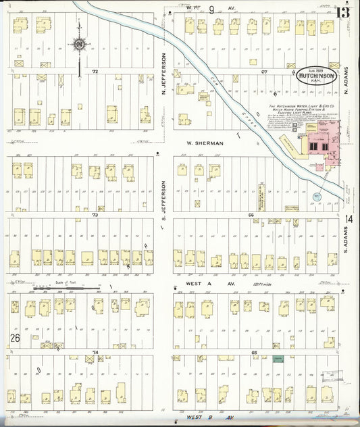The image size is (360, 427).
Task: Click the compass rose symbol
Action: tap(80, 45)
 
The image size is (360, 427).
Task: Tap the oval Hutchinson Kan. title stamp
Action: tap(316, 77)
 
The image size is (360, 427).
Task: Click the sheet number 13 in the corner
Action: tap(343, 11)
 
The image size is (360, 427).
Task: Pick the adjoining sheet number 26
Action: tap(14, 337)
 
